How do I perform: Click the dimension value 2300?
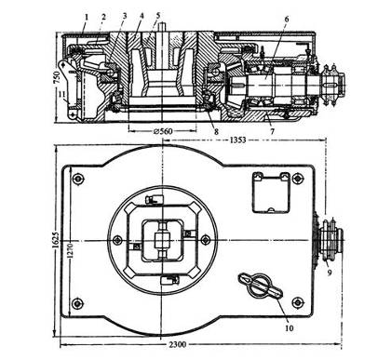pos(178,344)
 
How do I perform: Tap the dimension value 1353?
pos(237,140)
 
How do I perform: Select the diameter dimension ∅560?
pos(163,131)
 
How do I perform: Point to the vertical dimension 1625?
pos(55,239)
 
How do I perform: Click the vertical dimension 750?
pos(57,77)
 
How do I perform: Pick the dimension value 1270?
pos(70,251)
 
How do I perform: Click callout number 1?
pos(87,17)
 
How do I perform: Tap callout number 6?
pos(286,19)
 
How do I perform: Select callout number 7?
pos(272,131)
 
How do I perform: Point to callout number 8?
pos(216,131)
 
